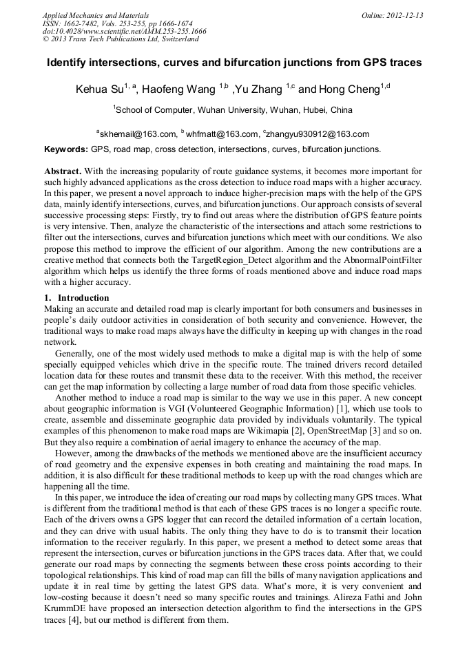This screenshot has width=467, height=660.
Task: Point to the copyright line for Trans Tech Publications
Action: (120, 39)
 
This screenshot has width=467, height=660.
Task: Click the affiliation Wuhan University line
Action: (233, 109)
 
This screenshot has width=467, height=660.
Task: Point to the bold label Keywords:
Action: (66, 149)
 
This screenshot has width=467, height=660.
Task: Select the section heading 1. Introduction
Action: (76, 298)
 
